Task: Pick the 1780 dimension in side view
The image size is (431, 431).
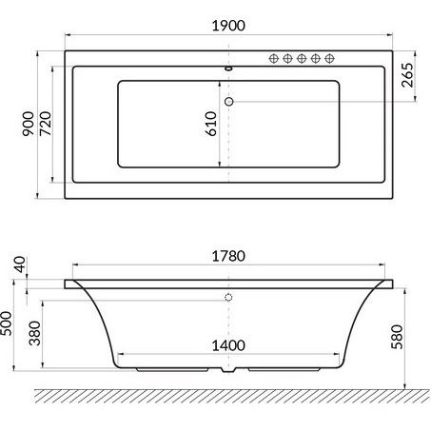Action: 227,257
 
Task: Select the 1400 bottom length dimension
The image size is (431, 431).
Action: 228,344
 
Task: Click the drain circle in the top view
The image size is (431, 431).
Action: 228,101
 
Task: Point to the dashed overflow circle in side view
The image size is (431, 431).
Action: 228,298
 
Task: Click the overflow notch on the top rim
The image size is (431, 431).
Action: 228,69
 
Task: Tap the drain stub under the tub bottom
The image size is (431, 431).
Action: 227,374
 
